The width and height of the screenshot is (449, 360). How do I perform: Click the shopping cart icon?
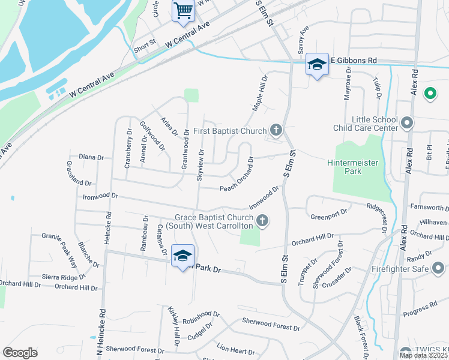click(183, 10)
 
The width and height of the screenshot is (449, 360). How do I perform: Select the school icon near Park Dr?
click(182, 256)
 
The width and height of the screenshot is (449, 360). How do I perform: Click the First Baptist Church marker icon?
click(276, 130)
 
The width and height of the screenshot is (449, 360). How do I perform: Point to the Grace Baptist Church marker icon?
click(262, 221)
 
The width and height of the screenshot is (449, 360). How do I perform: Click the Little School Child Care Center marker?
click(407, 124)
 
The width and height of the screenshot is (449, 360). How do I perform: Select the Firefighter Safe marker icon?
click(439, 268)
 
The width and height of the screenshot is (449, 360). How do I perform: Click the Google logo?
click(20, 352)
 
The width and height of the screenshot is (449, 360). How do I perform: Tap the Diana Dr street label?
click(91, 157)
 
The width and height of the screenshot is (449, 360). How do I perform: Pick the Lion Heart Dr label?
click(232, 348)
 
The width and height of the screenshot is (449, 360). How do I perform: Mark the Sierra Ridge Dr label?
click(64, 277)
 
